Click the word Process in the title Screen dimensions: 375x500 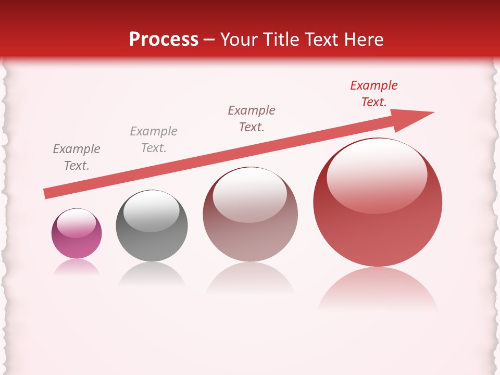164,40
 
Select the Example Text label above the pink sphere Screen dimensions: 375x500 77,157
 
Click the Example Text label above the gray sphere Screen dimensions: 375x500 154,140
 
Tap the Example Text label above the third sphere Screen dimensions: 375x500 252,119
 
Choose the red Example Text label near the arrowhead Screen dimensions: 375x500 374,94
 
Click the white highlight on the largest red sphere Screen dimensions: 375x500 377,176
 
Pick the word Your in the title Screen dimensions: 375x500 239,40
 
